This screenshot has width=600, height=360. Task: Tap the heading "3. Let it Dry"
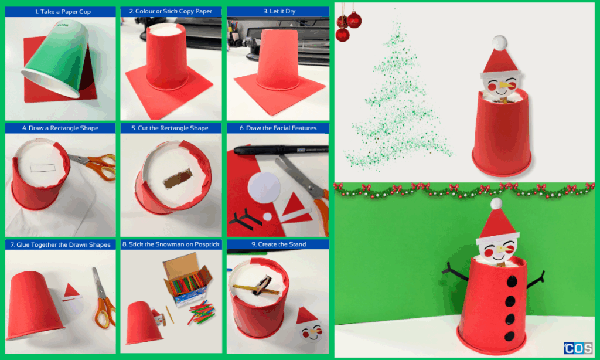(x=279, y=12)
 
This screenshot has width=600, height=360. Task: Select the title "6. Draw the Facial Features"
(x=278, y=128)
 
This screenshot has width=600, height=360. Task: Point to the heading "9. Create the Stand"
(x=278, y=244)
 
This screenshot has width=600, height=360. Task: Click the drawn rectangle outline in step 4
(x=43, y=168)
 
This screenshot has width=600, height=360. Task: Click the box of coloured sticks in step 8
(x=187, y=281)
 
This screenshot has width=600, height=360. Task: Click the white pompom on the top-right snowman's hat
(x=499, y=43)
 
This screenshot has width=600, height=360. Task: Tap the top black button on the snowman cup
(x=512, y=282)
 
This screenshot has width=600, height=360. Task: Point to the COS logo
(x=578, y=348)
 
